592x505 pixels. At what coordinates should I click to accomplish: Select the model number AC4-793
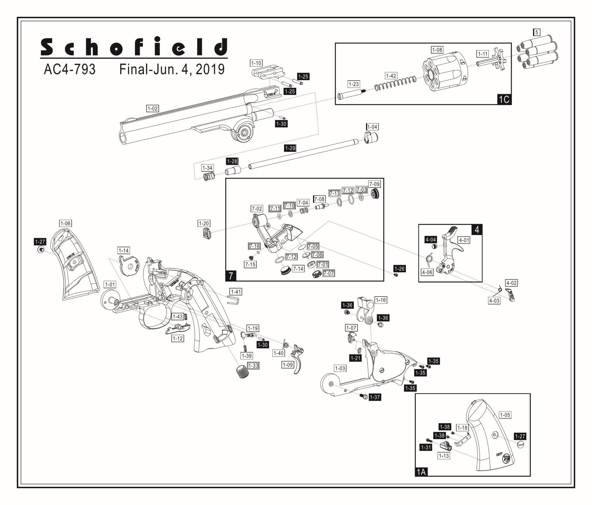tap(70, 69)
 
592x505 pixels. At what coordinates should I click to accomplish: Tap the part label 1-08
tap(437, 50)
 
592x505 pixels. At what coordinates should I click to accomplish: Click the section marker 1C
tap(504, 99)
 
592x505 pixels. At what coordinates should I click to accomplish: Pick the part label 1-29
tap(290, 148)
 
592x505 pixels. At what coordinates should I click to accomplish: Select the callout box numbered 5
tap(536, 32)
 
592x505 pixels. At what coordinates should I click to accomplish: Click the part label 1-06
tap(65, 223)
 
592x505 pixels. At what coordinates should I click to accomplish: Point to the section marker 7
tap(231, 276)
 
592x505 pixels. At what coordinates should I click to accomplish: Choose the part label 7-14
tap(298, 269)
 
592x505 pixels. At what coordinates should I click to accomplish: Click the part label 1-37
tap(375, 397)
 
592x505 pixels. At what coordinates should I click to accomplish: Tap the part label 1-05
tap(505, 415)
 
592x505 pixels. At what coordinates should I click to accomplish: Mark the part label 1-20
tap(204, 223)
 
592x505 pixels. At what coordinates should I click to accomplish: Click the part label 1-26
tap(399, 269)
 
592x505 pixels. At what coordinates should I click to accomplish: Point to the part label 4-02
tap(511, 283)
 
